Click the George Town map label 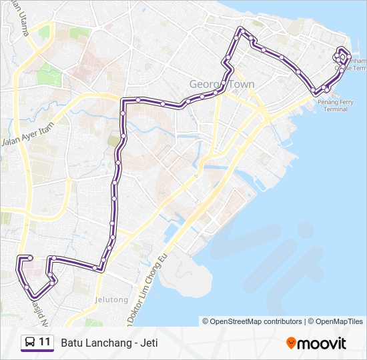[222, 85]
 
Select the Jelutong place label [112, 300]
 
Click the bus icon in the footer [30, 343]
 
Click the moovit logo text [322, 343]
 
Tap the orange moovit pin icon [291, 343]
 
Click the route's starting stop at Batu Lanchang [29, 257]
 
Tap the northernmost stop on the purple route [241, 30]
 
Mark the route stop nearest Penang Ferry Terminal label [326, 88]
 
